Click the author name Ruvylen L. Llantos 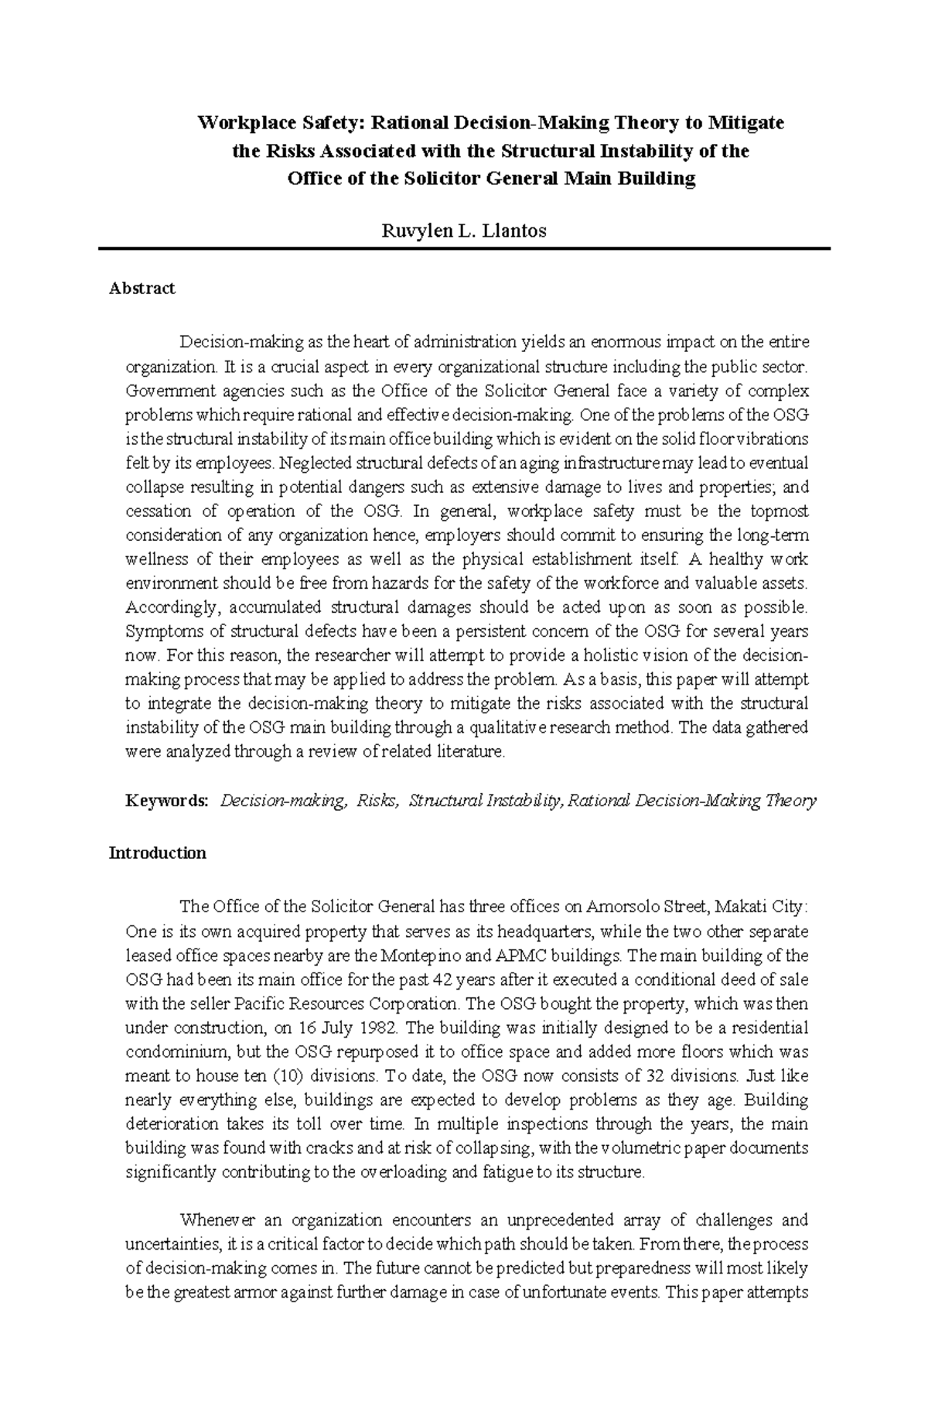tap(463, 231)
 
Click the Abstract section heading tap(142, 289)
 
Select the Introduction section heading tap(158, 853)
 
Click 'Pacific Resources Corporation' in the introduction tap(346, 1004)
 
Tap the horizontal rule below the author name tap(463, 248)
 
